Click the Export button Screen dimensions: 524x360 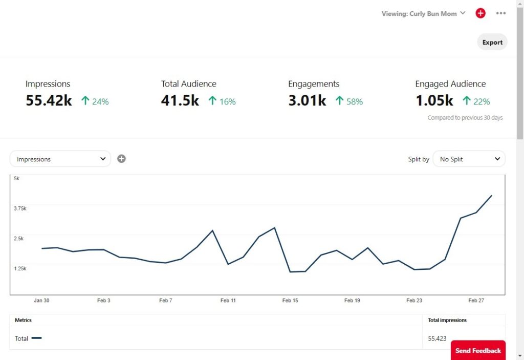[492, 42]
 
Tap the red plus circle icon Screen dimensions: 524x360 [481, 13]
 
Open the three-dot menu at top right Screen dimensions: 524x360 [500, 13]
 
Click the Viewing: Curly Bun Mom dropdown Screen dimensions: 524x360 [423, 14]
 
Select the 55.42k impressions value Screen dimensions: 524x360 [49, 100]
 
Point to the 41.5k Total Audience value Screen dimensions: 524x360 [180, 100]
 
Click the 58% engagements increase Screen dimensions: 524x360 [355, 101]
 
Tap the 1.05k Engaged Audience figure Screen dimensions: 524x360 [434, 100]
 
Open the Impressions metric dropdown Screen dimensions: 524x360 [60, 159]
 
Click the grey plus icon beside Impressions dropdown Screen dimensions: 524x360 [121, 159]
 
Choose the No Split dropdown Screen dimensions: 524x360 [469, 159]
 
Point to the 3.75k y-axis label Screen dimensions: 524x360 [20, 208]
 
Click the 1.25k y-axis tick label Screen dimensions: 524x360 [20, 268]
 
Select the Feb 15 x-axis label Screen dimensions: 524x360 [290, 301]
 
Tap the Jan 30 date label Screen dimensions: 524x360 [41, 301]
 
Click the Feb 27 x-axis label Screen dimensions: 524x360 [476, 301]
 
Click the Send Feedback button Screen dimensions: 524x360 [478, 350]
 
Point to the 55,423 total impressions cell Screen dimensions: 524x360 [437, 338]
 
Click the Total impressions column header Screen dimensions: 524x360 [447, 320]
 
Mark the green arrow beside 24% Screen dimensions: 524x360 [85, 101]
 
